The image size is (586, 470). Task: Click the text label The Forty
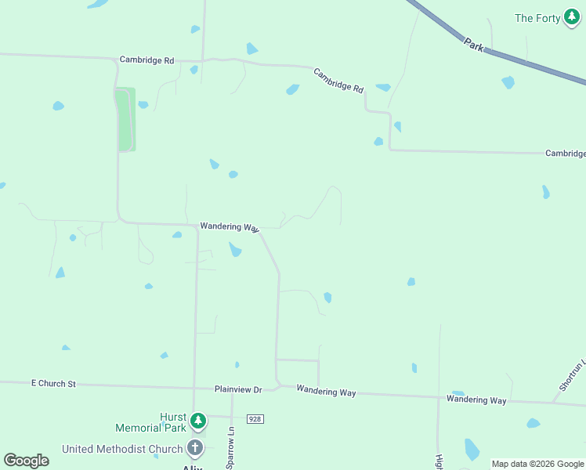(536, 18)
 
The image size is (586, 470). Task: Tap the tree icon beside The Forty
(573, 18)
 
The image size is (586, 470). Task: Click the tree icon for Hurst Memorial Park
(199, 421)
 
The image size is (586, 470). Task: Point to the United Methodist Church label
(123, 449)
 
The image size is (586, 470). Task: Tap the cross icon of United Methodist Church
(195, 449)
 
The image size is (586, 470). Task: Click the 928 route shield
(255, 419)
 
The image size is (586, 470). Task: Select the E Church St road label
(53, 384)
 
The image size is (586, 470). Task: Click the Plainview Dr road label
(238, 389)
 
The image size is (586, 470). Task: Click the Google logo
(27, 461)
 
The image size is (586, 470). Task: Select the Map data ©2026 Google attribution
(537, 464)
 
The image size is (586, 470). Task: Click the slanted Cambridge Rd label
(338, 80)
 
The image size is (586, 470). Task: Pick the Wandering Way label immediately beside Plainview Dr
(326, 392)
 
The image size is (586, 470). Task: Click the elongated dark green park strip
(126, 119)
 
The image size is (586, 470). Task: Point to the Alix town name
(193, 467)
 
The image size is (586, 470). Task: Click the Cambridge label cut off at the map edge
(565, 154)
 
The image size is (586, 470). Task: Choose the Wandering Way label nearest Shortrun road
(476, 399)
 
